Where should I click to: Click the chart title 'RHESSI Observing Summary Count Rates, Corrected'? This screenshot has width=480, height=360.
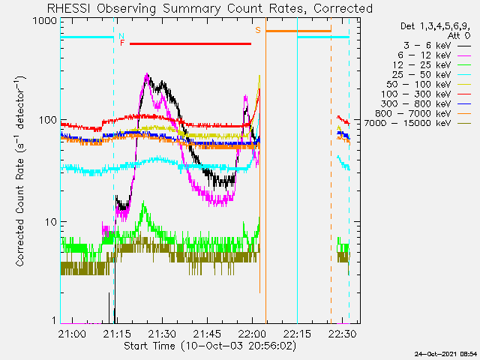tap(210, 8)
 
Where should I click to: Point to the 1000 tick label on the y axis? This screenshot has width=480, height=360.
tap(45, 21)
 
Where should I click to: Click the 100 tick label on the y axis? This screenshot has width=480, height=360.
tap(48, 120)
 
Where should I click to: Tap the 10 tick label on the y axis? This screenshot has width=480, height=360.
tap(51, 222)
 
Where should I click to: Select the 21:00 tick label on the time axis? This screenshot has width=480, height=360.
tap(72, 333)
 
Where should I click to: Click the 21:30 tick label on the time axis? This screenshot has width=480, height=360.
tap(162, 333)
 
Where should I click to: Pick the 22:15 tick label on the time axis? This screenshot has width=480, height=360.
tap(297, 333)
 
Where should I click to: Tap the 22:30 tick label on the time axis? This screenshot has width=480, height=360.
tap(343, 333)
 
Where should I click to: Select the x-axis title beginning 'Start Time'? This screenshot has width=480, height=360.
tap(210, 346)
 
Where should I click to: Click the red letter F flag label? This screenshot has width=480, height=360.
tap(122, 43)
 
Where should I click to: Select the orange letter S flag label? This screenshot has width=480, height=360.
tap(258, 30)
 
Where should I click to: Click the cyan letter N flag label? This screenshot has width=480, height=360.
tap(121, 36)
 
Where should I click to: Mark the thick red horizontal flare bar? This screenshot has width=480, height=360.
tap(190, 43)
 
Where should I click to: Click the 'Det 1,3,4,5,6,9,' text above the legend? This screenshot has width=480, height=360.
tap(435, 26)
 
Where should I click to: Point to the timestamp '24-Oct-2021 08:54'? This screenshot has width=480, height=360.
tap(445, 354)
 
